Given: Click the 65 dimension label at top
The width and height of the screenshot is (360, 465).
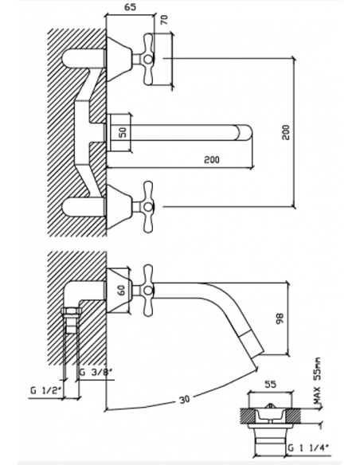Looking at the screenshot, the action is (x=130, y=7).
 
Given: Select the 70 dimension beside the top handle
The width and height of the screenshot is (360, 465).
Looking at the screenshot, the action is (x=164, y=20).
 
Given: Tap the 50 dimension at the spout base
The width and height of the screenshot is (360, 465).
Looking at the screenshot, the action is (x=123, y=132).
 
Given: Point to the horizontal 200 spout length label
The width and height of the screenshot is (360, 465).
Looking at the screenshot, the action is (x=212, y=159).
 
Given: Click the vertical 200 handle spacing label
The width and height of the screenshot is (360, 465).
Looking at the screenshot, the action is (x=286, y=132).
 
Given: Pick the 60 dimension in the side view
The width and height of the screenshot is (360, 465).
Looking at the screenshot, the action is (x=122, y=291).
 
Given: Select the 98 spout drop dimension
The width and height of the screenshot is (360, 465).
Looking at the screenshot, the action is (x=280, y=318).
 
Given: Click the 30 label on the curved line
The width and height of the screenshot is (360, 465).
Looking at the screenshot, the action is (x=184, y=400).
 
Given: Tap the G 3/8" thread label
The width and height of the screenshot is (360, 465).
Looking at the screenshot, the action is (x=96, y=372).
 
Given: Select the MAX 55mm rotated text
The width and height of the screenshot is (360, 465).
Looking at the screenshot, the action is (x=317, y=381).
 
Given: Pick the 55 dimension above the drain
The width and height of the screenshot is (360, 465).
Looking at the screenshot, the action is (x=270, y=384).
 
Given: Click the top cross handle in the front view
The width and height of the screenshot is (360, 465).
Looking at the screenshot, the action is (x=148, y=60).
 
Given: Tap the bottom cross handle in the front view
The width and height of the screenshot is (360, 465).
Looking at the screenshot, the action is (x=148, y=207).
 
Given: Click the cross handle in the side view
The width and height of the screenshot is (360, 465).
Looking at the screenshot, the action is (x=148, y=291).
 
